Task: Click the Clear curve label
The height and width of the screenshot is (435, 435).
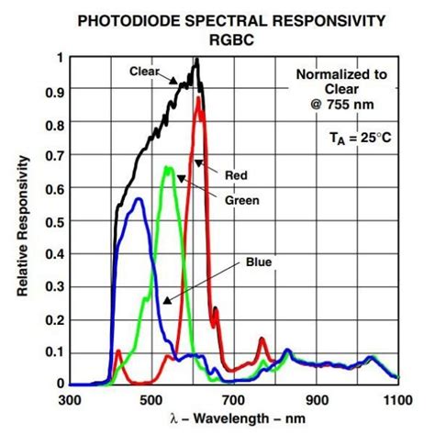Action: tap(145, 70)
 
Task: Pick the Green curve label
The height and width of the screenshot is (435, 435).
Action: tap(243, 199)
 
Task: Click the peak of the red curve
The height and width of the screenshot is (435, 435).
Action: tap(198, 98)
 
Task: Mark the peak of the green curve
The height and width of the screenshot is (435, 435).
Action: tap(167, 167)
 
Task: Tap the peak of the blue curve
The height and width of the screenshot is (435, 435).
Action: tap(139, 198)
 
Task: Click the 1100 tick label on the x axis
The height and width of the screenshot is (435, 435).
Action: tap(396, 400)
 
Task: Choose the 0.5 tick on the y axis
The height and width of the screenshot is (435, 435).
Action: tap(54, 221)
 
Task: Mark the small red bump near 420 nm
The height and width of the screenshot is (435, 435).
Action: tap(117, 351)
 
